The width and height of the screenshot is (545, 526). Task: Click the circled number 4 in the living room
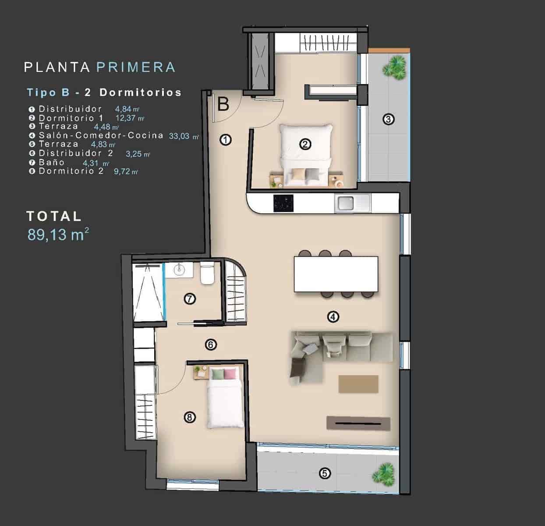click(x=333, y=316)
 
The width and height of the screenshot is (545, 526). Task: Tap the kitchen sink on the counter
click(x=346, y=203)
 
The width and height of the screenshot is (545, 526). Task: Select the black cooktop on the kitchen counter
click(x=284, y=203)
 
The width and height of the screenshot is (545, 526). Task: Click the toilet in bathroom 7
click(x=206, y=274)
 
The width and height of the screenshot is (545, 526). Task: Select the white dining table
click(x=336, y=274)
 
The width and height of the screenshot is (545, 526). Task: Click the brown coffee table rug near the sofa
click(x=358, y=384)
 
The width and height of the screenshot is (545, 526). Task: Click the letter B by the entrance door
click(x=223, y=104)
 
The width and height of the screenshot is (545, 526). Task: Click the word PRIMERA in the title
click(x=135, y=67)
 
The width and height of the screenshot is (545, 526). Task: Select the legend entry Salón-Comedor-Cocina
click(x=101, y=135)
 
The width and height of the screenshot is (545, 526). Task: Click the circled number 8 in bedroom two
click(x=189, y=418)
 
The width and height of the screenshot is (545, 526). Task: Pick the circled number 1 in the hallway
click(x=225, y=140)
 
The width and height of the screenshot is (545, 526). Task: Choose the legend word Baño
click(x=51, y=163)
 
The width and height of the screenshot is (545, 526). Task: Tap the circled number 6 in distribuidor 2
click(x=211, y=345)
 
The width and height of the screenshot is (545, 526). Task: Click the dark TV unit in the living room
click(x=358, y=423)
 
